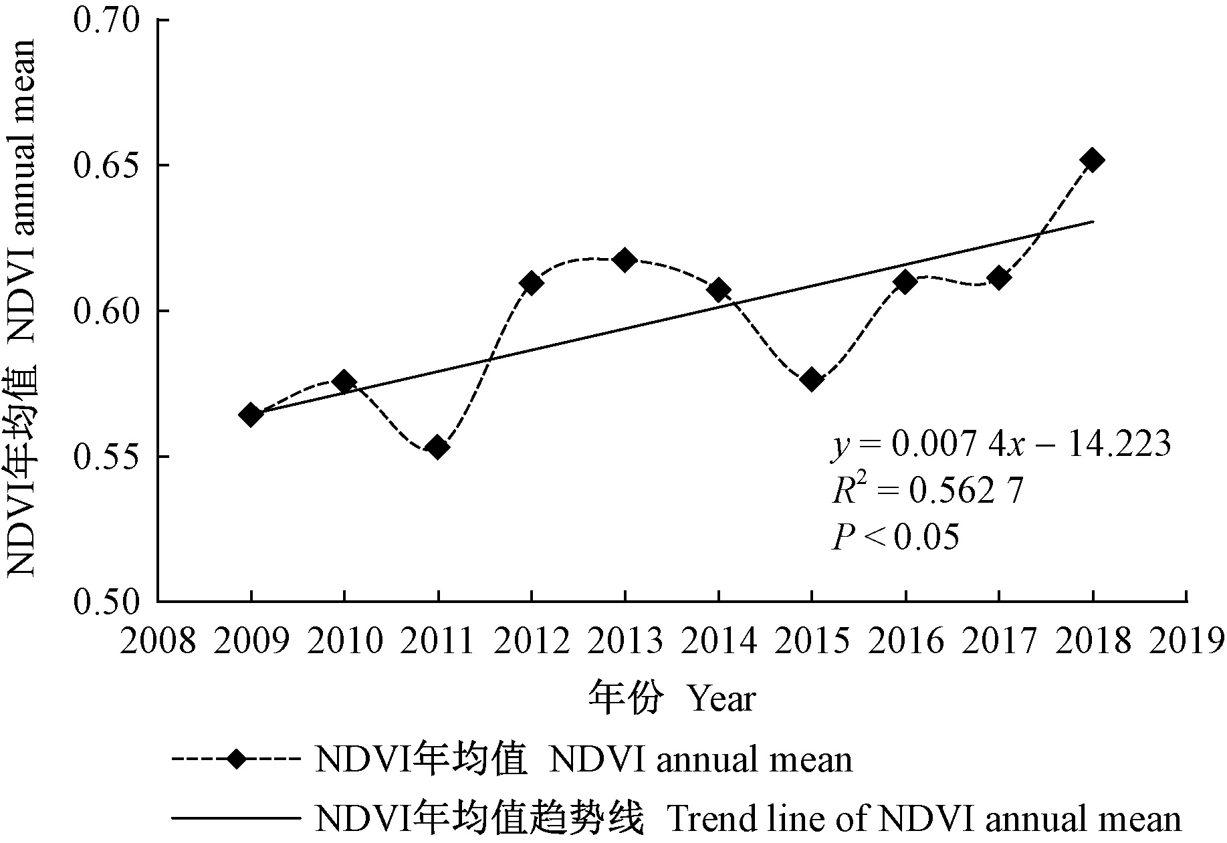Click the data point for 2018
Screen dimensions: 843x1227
[x=1092, y=160]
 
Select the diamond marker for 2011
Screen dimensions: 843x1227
[x=437, y=447]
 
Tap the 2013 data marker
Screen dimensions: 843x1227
[x=625, y=260]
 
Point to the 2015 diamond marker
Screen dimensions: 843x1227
[x=812, y=380]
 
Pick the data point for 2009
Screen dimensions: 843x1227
[x=251, y=415]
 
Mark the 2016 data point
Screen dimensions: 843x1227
[x=905, y=282]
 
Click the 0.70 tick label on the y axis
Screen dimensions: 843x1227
[x=107, y=21]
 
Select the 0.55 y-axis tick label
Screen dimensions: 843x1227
[x=107, y=457]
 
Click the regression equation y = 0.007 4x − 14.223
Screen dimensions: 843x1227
[x=1001, y=445]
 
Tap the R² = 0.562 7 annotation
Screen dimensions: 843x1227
[x=927, y=491]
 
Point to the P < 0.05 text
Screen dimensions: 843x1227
[x=895, y=537]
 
